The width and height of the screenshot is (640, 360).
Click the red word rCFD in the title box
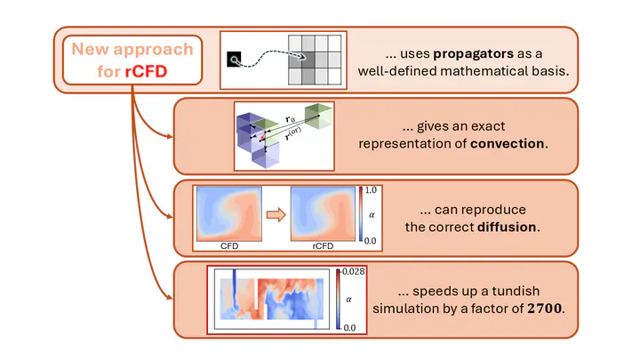pos(146,71)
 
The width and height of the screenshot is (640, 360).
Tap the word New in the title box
pos(90,50)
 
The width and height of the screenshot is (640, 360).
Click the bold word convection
pos(508,144)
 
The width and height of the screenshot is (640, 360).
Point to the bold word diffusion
pos(507,227)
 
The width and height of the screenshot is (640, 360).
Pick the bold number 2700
pos(545,308)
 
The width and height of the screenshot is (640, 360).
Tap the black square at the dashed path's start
pos(234,60)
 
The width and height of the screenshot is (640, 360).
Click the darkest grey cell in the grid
pos(308,60)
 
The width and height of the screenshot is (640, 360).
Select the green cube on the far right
pos(318,116)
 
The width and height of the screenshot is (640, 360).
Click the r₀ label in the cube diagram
pos(290,119)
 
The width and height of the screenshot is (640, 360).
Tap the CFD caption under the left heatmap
pos(229,245)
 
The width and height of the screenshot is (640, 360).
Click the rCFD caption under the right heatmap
pos(323,245)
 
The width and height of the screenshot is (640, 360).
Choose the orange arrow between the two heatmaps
pos(276,215)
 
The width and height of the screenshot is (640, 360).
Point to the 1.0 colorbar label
pos(371,190)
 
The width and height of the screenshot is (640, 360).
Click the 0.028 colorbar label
pos(354,271)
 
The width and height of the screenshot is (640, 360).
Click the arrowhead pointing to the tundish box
pos(169,297)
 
